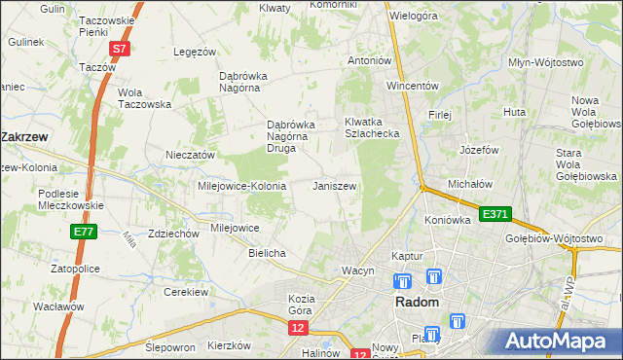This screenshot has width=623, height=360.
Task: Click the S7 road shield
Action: click(118, 48)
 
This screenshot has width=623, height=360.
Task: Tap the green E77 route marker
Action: click(83, 232)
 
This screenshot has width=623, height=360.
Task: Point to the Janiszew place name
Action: click(335, 186)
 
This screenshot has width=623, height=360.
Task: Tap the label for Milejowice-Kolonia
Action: click(241, 186)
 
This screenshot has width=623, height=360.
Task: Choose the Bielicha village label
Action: click(267, 253)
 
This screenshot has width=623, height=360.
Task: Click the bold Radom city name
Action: click(422, 303)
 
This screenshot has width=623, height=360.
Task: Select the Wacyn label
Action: click(357, 270)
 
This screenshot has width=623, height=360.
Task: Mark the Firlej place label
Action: click(440, 115)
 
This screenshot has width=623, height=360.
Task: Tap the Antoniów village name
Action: click(370, 60)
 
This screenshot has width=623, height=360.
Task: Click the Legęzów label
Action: click(193, 52)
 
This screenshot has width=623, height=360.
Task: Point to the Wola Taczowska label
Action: click(144, 98)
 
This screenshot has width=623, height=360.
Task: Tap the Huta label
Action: click(514, 113)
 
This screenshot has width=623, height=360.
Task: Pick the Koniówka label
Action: click(448, 220)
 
